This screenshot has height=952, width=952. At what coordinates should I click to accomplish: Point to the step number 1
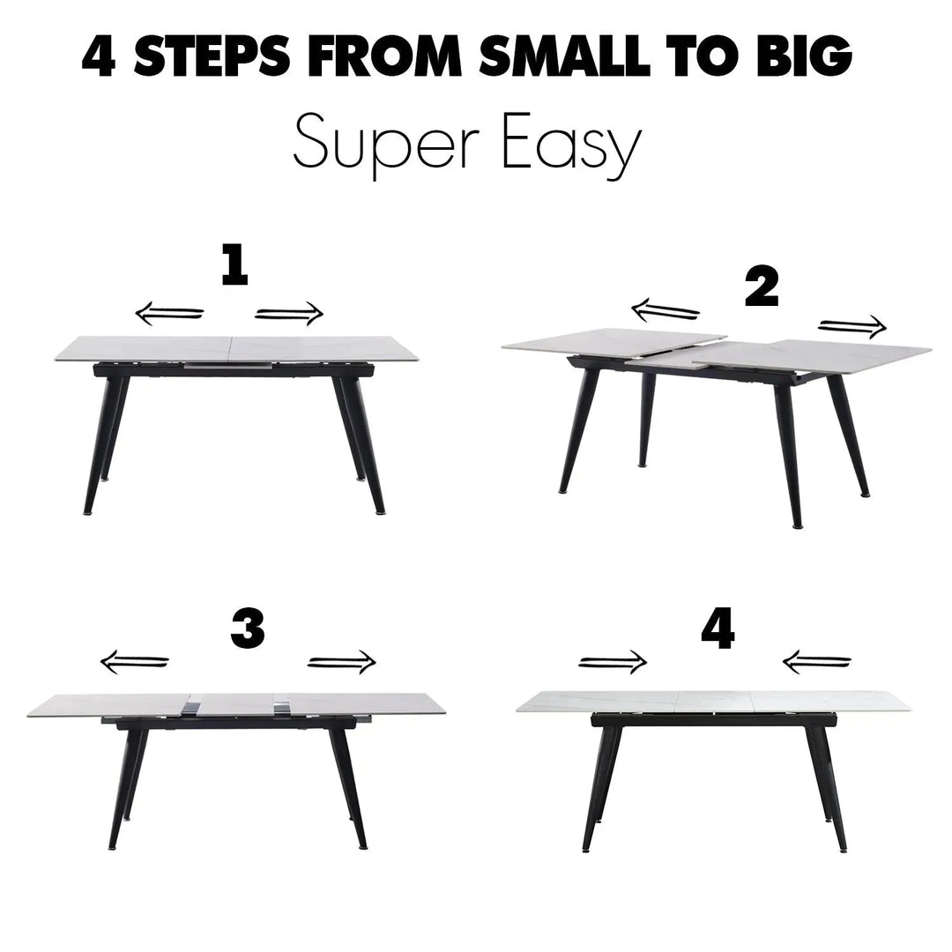point(234,265)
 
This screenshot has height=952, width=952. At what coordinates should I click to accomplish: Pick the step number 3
point(248,630)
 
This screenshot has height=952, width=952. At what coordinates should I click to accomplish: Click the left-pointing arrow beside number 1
point(168,313)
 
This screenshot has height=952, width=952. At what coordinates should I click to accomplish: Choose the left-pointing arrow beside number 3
point(134,661)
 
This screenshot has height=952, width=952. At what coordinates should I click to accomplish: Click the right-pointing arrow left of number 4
point(613,661)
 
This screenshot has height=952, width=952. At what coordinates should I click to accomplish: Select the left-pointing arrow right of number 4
point(816,660)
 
